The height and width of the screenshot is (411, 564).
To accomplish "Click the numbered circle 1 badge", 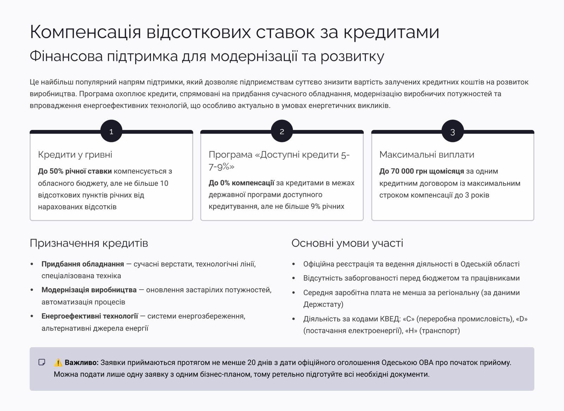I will (111, 132).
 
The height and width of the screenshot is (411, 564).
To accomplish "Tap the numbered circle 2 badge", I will (282, 132).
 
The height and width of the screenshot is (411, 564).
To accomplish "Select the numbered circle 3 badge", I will (453, 132).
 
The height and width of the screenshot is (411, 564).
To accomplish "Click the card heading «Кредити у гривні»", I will (75, 154).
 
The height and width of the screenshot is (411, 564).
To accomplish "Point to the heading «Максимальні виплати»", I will (427, 154).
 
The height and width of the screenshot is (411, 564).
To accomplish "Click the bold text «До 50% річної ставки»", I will (75, 171).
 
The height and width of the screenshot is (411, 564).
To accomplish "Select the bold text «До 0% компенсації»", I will (241, 183).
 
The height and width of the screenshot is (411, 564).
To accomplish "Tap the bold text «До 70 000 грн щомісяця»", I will (422, 171).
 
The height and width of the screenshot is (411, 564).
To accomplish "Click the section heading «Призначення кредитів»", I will (89, 243).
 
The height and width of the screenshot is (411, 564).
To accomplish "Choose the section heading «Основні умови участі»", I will (347, 243).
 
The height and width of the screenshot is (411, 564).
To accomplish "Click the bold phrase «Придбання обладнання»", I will (83, 264).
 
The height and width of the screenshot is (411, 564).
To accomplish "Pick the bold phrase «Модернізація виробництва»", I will (89, 290).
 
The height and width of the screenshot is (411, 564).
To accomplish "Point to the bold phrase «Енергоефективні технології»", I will (90, 316).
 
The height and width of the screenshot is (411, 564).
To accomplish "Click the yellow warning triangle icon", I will (58, 362).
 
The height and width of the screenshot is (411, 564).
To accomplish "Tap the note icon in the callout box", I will (42, 362).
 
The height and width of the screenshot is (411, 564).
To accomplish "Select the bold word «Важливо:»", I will (82, 362).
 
